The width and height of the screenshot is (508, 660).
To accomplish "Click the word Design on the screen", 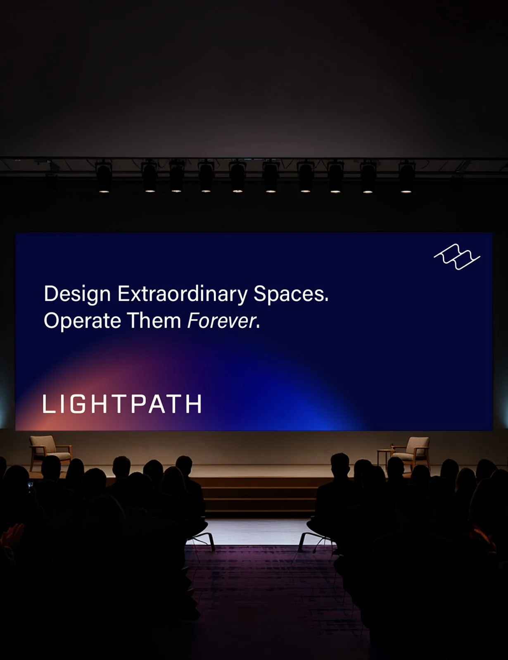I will point(77,294).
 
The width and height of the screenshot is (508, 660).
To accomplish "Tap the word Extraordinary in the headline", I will point(183,294).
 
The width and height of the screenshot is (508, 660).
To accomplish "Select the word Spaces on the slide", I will point(289,294).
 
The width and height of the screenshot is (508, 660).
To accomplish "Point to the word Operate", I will point(83,321).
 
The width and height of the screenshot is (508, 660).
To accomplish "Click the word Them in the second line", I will point(154,321).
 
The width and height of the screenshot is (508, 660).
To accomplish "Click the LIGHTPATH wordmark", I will point(122,404).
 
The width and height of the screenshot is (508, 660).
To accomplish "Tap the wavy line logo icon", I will point(457,257).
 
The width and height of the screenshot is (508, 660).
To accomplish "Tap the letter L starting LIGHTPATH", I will point(48,404).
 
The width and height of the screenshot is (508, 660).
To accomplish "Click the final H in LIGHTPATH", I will point(194,404).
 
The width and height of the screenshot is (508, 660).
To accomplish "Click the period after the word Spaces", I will point(327,300).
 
